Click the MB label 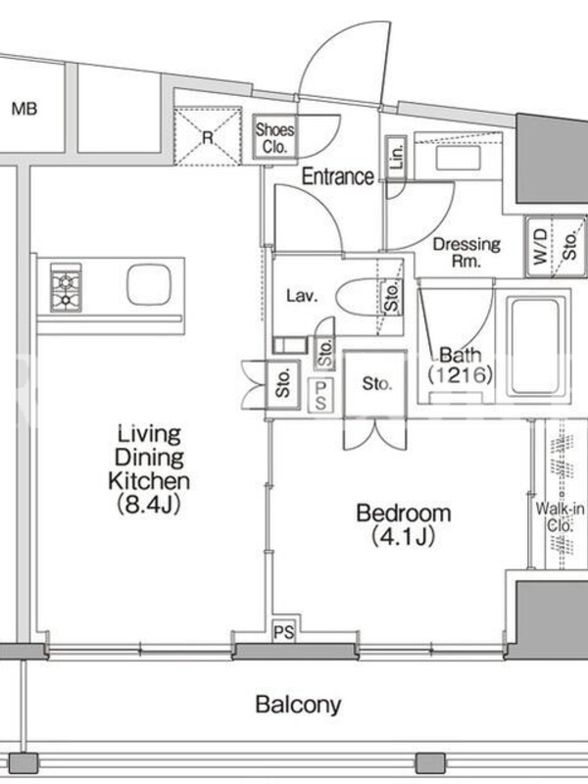click(x=24, y=109)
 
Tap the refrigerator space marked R click(x=208, y=136)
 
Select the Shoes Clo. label click(x=274, y=138)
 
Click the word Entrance click(x=337, y=176)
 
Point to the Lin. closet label click(x=396, y=158)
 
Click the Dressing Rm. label click(x=466, y=252)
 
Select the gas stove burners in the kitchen click(x=66, y=287)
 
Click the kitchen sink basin click(x=149, y=284)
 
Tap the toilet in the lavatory click(x=359, y=298)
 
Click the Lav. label click(x=302, y=296)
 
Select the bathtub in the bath click(x=535, y=346)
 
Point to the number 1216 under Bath click(x=460, y=374)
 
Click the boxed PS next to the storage click(x=321, y=395)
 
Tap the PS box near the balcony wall click(x=283, y=632)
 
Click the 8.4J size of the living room click(x=149, y=505)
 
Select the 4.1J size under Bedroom click(x=403, y=537)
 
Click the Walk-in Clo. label click(x=560, y=517)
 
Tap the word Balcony click(x=298, y=705)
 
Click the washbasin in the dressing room click(x=458, y=158)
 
